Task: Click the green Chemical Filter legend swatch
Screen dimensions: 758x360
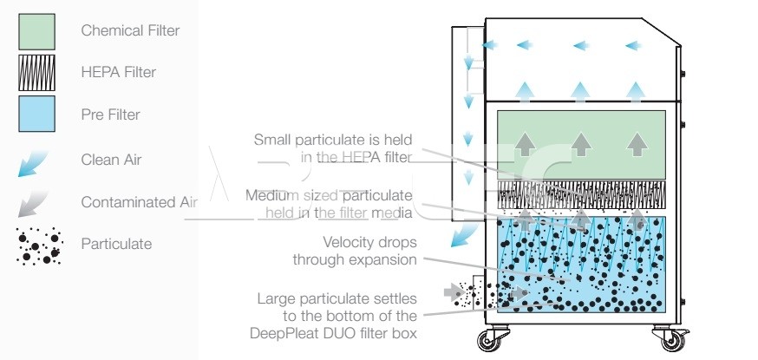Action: [36, 31]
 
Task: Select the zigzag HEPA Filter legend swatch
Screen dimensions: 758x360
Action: [36, 73]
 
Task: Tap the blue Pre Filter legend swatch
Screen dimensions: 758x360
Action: [36, 114]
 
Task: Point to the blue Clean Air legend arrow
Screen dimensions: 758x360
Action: [33, 164]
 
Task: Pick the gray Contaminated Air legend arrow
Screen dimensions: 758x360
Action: [33, 204]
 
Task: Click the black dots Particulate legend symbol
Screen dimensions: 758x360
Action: [39, 245]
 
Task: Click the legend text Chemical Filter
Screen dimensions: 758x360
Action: [130, 30]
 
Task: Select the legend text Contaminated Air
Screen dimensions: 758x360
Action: [140, 202]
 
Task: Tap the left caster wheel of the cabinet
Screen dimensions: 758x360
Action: [489, 340]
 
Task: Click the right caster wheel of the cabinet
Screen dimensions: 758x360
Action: [673, 340]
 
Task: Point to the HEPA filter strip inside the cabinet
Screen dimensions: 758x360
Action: [581, 195]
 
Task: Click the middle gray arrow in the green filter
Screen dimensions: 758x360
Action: [581, 143]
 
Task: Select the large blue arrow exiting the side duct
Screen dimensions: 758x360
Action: [463, 235]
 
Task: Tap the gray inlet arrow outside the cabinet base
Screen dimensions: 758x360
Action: [454, 291]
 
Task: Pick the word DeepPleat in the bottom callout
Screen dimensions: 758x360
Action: [284, 333]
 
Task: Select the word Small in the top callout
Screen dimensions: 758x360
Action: [272, 140]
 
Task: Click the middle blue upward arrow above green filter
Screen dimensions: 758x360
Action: [579, 92]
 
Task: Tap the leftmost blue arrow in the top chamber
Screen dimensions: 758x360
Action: [490, 45]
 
